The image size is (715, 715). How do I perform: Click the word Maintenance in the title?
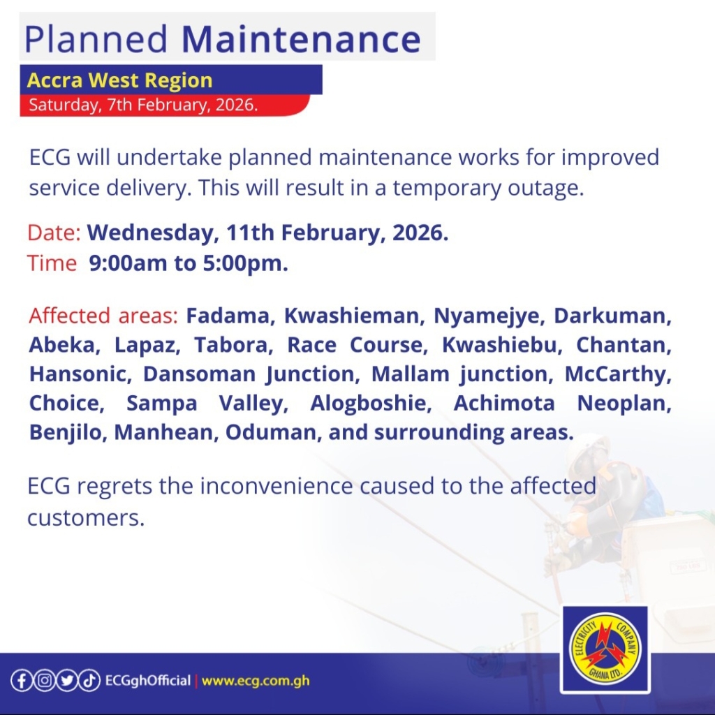(301, 39)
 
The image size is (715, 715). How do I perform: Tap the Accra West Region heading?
(120, 80)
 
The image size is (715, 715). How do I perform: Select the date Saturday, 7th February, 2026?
(143, 105)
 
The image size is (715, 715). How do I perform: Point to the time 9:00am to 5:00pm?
(189, 263)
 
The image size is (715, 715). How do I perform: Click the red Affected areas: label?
(103, 316)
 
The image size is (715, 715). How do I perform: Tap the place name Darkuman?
(612, 316)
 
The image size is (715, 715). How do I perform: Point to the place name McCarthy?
(618, 374)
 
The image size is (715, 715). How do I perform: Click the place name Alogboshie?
(371, 404)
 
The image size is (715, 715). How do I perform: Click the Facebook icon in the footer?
(22, 681)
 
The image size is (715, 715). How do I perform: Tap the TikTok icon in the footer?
(89, 681)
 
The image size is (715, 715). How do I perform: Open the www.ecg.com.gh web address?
(256, 681)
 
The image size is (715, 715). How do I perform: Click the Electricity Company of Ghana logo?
(605, 649)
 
